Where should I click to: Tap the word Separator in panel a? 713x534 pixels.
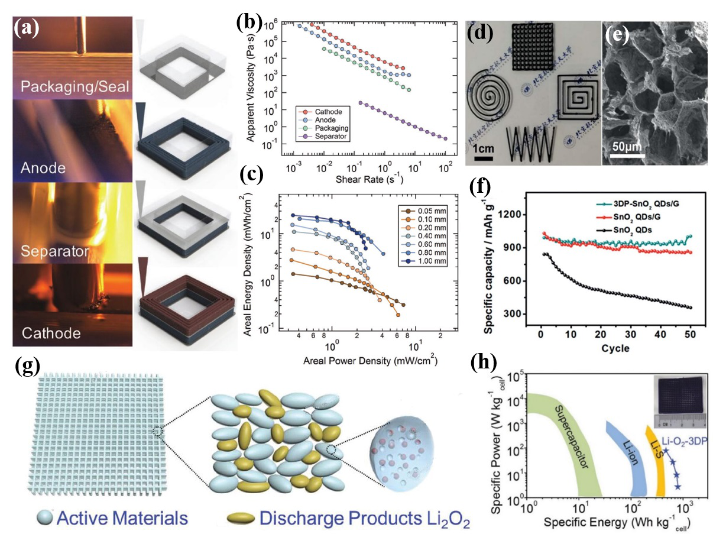54,250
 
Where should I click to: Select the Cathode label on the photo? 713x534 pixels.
51,333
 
